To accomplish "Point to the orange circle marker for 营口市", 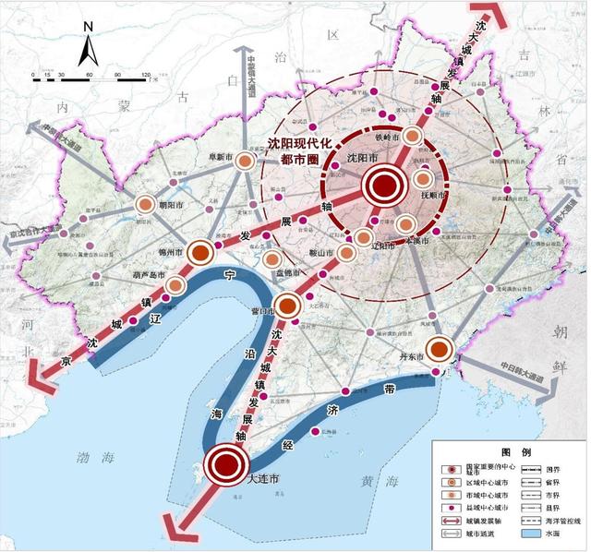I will tap(288, 303).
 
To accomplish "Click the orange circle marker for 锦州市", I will tap(200, 252).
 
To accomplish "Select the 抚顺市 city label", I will tap(433, 196).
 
